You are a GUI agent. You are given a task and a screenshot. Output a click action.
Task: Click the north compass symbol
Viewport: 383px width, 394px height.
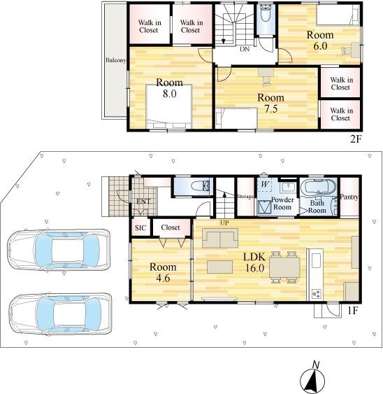click(x=312, y=379)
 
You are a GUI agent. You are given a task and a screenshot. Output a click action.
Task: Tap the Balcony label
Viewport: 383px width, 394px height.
click(x=115, y=60)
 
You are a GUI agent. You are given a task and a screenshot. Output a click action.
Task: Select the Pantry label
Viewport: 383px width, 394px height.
click(x=349, y=197)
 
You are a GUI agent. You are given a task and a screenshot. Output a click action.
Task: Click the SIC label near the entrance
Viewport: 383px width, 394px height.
click(x=140, y=227)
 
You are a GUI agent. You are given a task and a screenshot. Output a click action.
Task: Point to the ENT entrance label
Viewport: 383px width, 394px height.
click(x=143, y=202)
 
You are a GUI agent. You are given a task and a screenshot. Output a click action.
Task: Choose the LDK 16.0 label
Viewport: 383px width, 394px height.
click(x=254, y=262)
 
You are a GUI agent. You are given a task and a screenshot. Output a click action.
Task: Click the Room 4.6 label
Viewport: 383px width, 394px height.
click(x=163, y=272)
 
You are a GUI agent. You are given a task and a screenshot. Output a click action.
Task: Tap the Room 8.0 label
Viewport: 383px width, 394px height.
click(x=169, y=88)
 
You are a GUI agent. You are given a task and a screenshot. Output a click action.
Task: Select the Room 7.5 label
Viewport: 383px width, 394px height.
click(x=270, y=103)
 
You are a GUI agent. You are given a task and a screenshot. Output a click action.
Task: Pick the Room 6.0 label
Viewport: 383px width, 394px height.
click(x=320, y=40)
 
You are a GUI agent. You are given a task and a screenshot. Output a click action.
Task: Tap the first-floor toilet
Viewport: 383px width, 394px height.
click(x=200, y=186)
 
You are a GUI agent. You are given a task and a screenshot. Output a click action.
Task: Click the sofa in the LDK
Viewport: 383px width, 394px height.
click(x=220, y=238)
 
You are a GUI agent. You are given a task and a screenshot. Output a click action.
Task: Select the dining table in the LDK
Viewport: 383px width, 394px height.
click(x=284, y=267)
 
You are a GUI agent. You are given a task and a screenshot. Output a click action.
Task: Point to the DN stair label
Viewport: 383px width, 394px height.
click(x=245, y=49)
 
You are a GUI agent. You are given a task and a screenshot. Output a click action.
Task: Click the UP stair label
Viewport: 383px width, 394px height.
click(x=224, y=223)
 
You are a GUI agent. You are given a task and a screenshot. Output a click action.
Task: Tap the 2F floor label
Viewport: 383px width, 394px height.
click(x=356, y=139)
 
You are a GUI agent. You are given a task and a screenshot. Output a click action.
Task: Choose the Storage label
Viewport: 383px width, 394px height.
click(x=245, y=196)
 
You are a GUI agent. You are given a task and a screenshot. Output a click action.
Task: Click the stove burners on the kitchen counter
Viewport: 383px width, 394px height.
click(x=316, y=293)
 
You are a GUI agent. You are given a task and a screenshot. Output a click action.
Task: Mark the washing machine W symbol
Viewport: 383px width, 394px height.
click(x=265, y=184)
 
